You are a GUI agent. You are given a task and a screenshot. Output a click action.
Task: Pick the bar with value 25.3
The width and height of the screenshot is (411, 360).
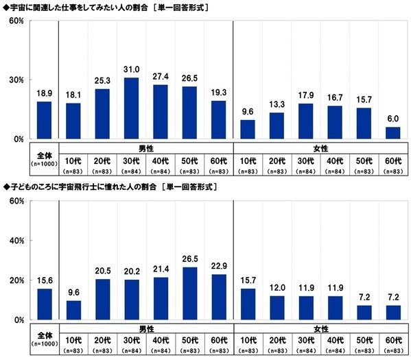click(x=102, y=114)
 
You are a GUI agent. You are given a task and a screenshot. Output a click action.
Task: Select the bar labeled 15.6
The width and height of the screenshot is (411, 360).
click(x=44, y=304)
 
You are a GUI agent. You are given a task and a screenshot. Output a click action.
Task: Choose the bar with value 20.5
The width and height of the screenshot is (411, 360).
click(x=102, y=300)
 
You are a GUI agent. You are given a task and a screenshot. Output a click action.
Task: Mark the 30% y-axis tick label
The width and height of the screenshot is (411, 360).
click(x=17, y=80)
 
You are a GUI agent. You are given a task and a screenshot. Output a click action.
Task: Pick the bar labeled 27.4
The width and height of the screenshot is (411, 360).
click(x=161, y=112)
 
